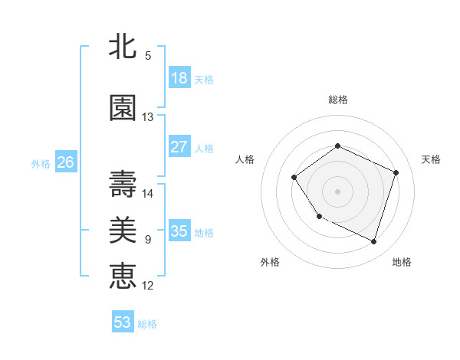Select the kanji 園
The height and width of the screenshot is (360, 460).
[123, 109]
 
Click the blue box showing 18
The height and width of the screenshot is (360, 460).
[179, 78]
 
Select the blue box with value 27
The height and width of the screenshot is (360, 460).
[179, 147]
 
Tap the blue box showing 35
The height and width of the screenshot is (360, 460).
[179, 231]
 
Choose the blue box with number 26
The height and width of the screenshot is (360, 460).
[66, 162]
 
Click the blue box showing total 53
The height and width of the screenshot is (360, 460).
[123, 322]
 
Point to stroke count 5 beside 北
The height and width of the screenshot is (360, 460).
[148, 55]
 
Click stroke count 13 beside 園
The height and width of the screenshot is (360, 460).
[148, 117]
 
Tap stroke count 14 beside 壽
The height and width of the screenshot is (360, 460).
[148, 193]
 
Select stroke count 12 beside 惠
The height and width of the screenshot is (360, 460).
[148, 285]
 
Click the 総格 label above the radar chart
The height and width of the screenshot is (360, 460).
[337, 100]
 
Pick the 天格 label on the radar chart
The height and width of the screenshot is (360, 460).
[431, 159]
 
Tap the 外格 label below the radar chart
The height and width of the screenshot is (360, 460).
[270, 262]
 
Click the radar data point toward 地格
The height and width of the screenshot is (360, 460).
[373, 242]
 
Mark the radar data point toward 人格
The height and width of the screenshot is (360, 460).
[294, 178]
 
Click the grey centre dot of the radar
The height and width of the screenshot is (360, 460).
[337, 191]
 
